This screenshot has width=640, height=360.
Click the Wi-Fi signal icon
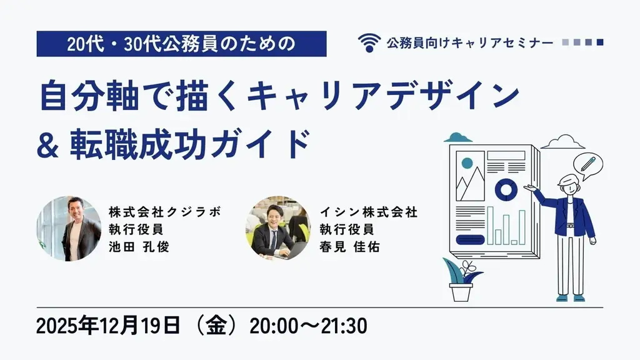coord(369,42)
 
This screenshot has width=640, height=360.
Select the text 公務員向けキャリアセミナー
coord(469,42)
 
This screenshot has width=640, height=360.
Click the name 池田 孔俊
coord(139,246)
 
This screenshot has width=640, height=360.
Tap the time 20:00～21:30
coord(308,327)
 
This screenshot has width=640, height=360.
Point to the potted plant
coord(461,281)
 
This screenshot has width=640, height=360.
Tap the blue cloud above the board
coord(457,137)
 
